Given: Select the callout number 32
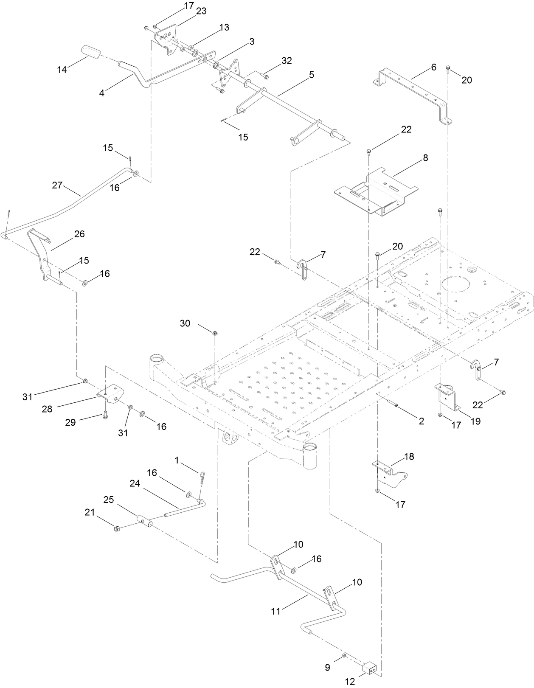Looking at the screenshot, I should coord(287,61).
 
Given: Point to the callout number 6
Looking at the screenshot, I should coord(433,67).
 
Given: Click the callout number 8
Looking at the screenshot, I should coord(425,158).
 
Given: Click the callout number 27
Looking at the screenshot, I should coord(57,185).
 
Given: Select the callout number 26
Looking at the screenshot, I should coord(79,234).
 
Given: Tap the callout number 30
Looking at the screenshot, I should coord(185,323).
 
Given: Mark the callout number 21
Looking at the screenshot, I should coord(90,513).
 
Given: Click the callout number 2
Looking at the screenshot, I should coord(421,421).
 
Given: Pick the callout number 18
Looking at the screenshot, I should coord(409,457).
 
